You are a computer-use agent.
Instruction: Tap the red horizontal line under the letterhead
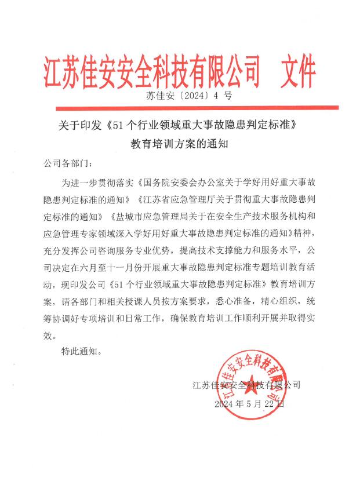[197, 107]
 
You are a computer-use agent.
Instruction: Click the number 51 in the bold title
[119, 124]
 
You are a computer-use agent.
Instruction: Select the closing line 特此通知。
[82, 351]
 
